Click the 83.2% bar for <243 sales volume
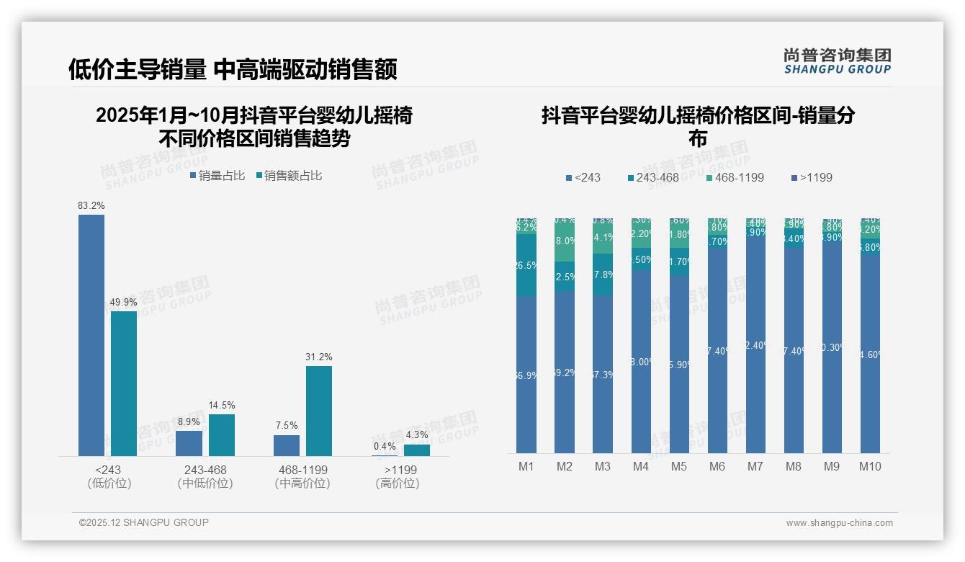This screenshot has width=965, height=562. pos(91,335)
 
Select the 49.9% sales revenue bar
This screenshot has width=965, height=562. pos(124,383)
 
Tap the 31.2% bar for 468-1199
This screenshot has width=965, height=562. pos(319,411)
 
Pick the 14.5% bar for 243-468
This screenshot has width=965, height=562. pos(222,435)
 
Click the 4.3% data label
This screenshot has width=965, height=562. pos(416,435)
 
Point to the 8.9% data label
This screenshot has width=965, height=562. pos(189,421)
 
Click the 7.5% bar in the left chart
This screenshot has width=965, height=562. pos(287,445)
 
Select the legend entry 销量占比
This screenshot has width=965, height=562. pos(217,175)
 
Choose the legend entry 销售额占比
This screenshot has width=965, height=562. pos(289,175)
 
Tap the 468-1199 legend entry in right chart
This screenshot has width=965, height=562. pos(734,177)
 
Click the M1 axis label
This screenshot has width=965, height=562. pos(526,466)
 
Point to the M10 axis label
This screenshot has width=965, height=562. pos(870,466)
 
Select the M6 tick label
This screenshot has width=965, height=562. pos(717,466)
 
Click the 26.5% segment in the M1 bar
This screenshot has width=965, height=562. pos(526,265)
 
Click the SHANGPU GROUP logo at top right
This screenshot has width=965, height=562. pos(838,61)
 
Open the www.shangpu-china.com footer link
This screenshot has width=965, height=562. pos(839,523)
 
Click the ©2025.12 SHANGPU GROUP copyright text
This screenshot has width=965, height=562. pos(144,522)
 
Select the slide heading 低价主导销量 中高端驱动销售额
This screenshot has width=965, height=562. pos(233,69)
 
